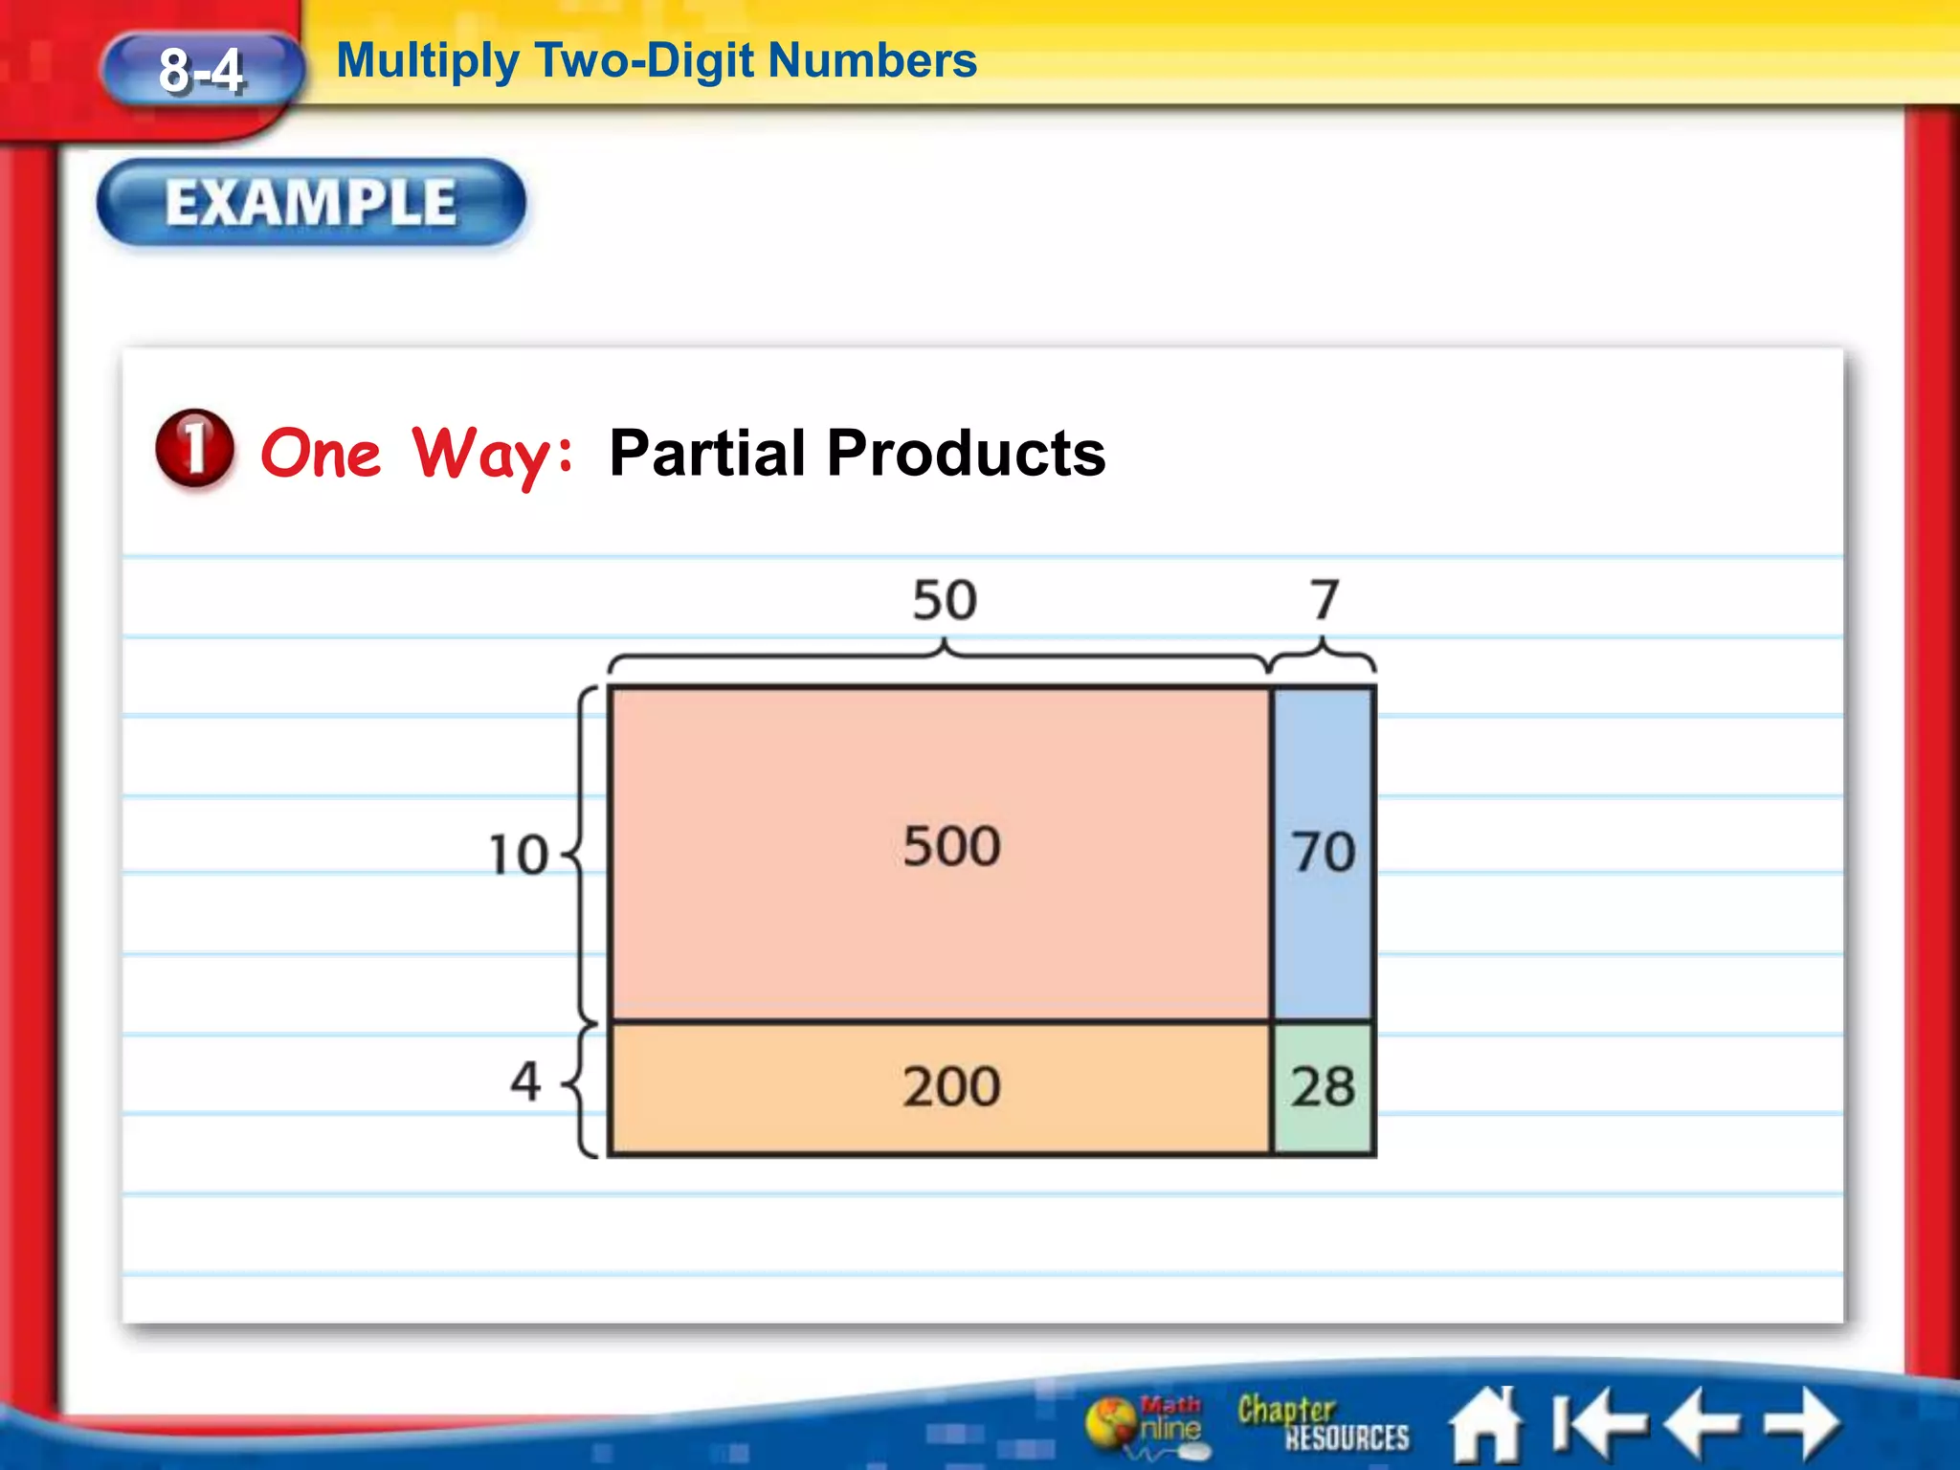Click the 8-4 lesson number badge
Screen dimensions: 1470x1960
click(201, 71)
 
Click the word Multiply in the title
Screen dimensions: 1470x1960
click(427, 61)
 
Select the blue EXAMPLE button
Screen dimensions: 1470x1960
click(311, 202)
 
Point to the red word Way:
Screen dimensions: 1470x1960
click(493, 454)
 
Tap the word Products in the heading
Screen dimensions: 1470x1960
click(966, 453)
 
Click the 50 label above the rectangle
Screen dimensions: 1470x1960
click(944, 601)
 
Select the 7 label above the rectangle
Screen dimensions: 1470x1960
click(1325, 600)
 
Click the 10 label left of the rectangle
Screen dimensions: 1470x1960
click(519, 855)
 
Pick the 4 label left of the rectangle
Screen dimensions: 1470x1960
click(525, 1081)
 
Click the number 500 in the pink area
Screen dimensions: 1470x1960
click(951, 846)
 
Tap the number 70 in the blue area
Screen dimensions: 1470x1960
click(1324, 851)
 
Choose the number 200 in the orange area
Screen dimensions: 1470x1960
click(951, 1087)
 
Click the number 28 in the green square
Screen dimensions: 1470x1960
click(1324, 1087)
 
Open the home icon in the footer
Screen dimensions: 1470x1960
click(1485, 1425)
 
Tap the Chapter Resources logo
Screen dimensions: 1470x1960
click(1322, 1424)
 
